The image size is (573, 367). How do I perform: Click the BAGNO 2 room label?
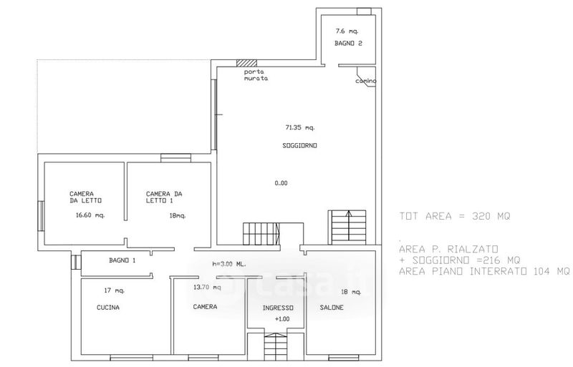tap(348, 43)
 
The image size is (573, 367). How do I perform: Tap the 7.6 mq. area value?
tap(347, 31)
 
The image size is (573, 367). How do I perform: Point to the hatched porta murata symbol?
tap(246, 63)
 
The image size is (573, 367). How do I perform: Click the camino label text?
tap(366, 81)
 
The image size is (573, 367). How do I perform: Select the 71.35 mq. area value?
tap(300, 127)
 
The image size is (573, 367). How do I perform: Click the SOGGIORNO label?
tap(299, 145)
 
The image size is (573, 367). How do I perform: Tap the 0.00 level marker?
tap(281, 183)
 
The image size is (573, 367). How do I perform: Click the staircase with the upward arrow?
tap(349, 227)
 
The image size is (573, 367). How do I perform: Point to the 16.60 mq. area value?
tap(90, 215)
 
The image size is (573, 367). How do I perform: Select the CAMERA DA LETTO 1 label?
tap(164, 197)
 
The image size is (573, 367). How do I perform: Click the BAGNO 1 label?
tap(122, 260)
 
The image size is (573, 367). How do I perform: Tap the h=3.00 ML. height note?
tap(229, 264)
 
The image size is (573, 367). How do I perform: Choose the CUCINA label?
tap(108, 308)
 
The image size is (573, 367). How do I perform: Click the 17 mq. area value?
tap(115, 290)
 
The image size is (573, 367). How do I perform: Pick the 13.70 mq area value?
tap(207, 287)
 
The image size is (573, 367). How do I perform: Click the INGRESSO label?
tap(278, 308)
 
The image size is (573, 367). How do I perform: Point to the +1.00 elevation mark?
tap(282, 319)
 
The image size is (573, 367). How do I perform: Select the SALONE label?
tap(332, 308)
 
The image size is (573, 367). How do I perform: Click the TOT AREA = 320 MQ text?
tap(455, 216)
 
